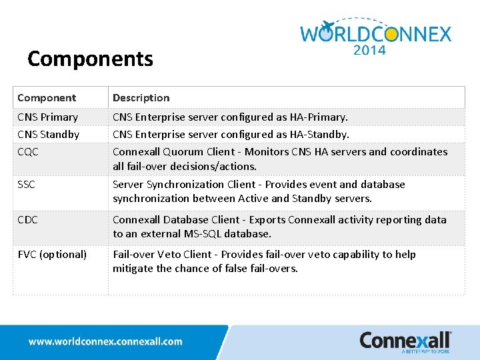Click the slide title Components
tap(90, 59)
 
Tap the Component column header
tap(47, 98)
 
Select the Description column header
tap(141, 98)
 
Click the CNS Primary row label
tap(47, 117)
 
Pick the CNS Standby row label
tap(48, 135)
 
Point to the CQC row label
tap(28, 152)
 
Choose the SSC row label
tap(27, 185)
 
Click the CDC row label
tap(28, 220)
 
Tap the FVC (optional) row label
tap(52, 255)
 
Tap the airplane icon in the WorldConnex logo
tap(327, 27)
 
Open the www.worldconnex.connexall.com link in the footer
tap(105, 341)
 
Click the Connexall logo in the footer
tap(405, 341)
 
